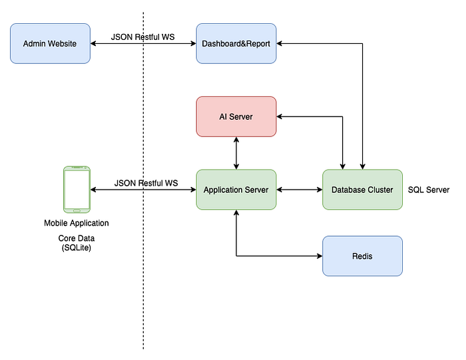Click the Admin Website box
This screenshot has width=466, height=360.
(50, 44)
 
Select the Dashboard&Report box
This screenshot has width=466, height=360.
(236, 44)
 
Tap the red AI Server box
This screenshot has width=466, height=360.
(236, 116)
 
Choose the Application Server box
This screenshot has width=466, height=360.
(236, 190)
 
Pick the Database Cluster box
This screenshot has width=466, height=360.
(363, 190)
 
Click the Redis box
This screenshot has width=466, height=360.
(363, 256)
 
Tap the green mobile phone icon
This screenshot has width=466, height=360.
(77, 190)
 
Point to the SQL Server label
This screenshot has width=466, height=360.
(429, 190)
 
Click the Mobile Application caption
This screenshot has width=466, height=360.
(77, 223)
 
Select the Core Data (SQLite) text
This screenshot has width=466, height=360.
(77, 243)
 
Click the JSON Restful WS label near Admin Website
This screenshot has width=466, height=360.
(142, 37)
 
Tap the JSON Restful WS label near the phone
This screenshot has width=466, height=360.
(146, 183)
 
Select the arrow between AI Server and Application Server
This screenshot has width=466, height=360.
(236, 153)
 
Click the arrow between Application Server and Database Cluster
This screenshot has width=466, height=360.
(300, 190)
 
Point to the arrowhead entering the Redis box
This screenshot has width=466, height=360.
(320, 256)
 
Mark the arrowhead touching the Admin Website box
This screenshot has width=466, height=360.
(93, 44)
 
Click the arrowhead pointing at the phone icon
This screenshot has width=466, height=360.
(93, 190)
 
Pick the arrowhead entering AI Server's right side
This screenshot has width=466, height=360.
(279, 116)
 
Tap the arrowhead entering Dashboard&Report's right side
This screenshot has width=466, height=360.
(279, 44)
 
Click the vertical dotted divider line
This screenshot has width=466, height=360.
(143, 180)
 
